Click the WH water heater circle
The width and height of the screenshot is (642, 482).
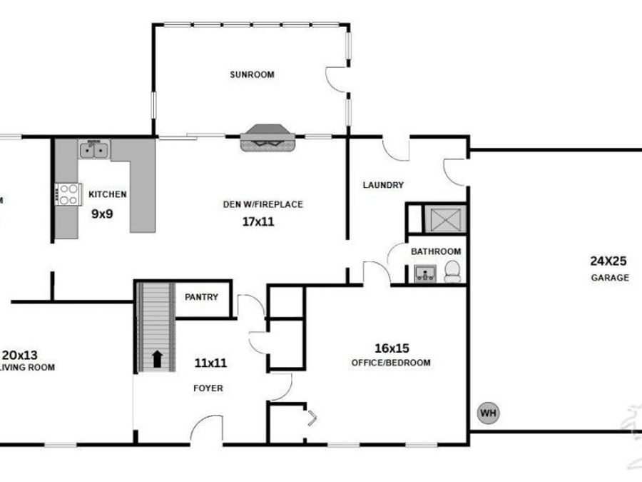(x=488, y=413)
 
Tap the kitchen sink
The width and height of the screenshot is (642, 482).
(x=94, y=150)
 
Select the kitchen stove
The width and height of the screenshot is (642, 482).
(x=68, y=194)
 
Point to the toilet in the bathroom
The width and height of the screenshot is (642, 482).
(x=452, y=271)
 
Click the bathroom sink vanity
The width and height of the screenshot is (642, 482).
(x=425, y=273)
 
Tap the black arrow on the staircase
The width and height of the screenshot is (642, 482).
(x=156, y=358)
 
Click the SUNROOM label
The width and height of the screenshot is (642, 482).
(x=252, y=74)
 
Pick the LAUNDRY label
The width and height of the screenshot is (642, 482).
(x=383, y=185)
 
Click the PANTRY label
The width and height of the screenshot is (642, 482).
(x=201, y=297)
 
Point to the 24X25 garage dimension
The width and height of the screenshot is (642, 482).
(x=608, y=261)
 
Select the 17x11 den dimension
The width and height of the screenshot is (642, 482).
(x=258, y=222)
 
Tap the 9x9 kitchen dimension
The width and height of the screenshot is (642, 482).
(x=103, y=212)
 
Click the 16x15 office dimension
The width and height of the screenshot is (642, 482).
(x=392, y=348)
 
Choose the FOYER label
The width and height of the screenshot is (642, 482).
(x=209, y=388)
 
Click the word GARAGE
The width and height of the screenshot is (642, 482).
(x=610, y=278)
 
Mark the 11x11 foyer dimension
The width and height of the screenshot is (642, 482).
(x=210, y=363)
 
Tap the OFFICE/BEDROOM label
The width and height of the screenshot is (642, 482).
(x=391, y=363)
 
